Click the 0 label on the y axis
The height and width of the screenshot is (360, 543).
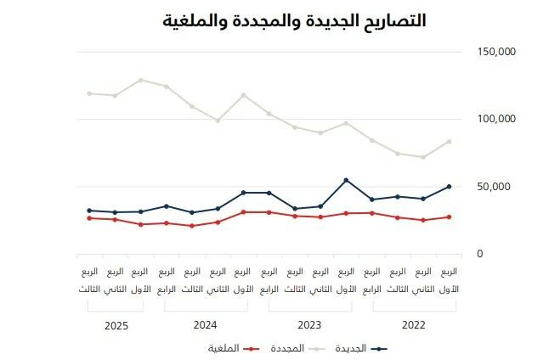[480, 253]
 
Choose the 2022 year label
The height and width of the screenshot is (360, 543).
[414, 324]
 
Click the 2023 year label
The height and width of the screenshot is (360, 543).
[309, 324]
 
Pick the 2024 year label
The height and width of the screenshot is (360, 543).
[205, 324]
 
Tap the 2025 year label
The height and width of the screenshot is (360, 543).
[115, 324]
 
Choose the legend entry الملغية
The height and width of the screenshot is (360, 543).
[223, 348]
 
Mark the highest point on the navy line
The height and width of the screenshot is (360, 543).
[346, 180]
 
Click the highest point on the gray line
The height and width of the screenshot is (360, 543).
[140, 80]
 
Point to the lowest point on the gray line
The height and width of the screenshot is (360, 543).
[423, 157]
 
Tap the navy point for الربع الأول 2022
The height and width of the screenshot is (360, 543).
[449, 187]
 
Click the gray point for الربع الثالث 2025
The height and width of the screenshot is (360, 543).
[89, 93]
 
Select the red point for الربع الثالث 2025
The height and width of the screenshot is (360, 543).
[89, 218]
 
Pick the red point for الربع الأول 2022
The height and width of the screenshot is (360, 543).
[449, 217]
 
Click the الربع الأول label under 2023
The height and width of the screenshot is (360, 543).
[346, 280]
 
